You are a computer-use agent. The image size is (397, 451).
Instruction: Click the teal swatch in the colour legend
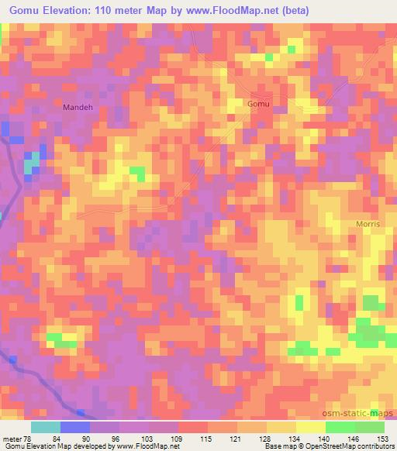pos(46,427)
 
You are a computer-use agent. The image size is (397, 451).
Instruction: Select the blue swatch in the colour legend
pos(75,427)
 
